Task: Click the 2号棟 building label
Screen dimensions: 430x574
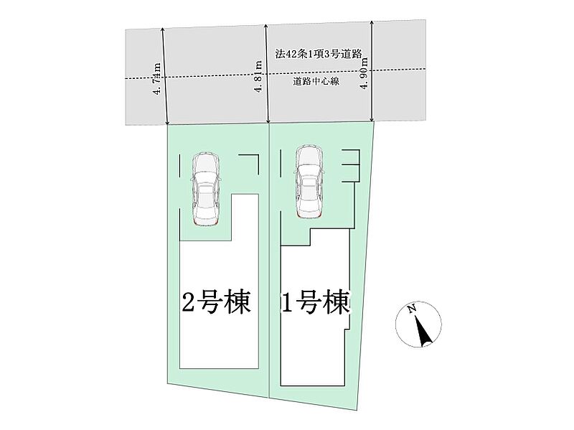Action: click(216, 304)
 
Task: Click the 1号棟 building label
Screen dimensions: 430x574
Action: click(316, 304)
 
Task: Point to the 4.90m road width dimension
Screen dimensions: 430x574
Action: click(364, 72)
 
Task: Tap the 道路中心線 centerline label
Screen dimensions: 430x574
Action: click(316, 83)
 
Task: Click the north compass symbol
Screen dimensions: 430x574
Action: click(418, 324)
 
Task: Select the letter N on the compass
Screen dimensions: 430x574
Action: click(412, 310)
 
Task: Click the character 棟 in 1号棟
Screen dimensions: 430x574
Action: click(337, 304)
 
